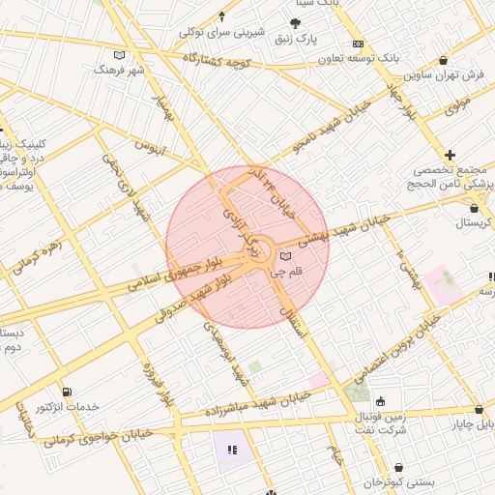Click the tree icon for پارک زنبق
295,22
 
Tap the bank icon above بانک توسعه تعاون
358,44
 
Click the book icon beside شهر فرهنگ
120,54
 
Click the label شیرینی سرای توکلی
221,31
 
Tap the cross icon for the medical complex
451,155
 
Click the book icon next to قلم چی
284,256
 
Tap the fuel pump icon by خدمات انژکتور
67,392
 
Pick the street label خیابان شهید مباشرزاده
256,405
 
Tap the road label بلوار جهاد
399,100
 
